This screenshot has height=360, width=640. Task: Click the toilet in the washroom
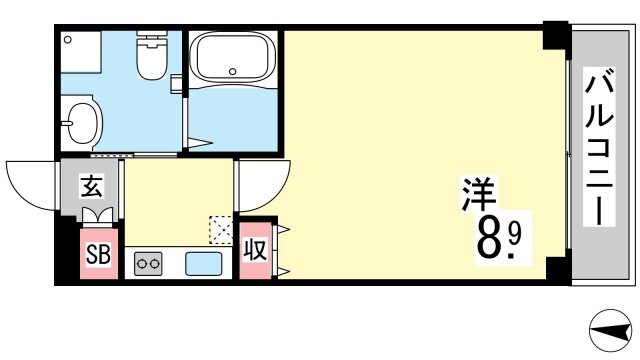[151, 55]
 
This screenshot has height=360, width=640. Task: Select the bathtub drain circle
[233, 71]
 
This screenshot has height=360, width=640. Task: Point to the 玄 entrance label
[91, 186]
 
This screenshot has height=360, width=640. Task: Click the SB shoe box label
[98, 255]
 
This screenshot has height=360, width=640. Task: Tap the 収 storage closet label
[255, 249]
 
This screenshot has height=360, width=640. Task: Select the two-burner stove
[148, 263]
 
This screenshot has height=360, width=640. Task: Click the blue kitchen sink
[204, 264]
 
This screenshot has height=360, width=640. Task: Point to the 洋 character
[479, 194]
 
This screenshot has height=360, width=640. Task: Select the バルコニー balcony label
[599, 147]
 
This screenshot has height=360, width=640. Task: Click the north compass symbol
[610, 331]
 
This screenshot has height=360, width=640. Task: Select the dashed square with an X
[220, 230]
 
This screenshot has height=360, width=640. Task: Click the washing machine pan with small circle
[81, 52]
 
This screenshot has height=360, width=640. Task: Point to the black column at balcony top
[556, 36]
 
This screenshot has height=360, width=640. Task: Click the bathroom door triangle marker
[200, 143]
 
